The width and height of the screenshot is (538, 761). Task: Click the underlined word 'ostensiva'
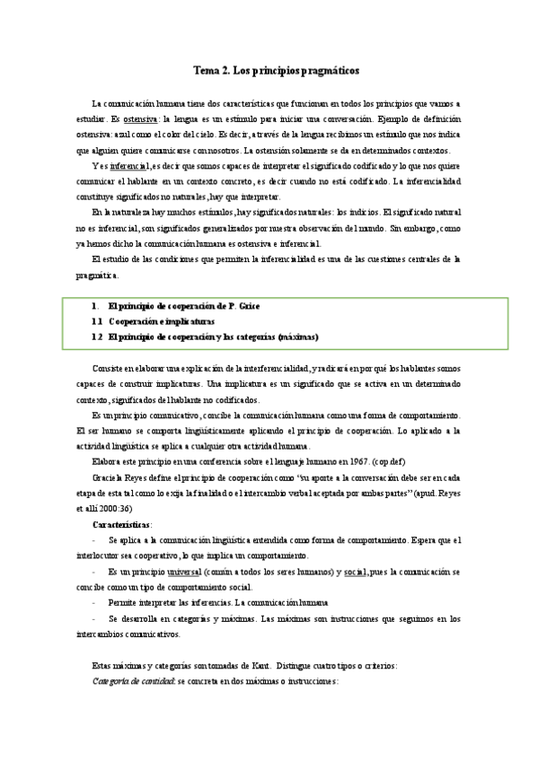click(141, 118)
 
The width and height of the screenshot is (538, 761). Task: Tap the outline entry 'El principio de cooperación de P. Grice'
click(183, 306)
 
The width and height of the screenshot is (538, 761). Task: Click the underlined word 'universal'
click(184, 572)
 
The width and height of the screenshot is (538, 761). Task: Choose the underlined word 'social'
click(355, 572)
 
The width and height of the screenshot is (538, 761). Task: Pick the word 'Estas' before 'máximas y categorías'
click(103, 665)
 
